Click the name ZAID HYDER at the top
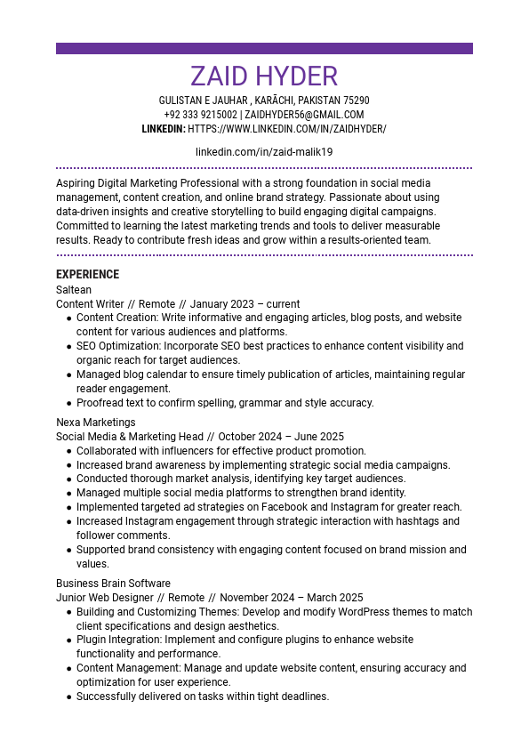pyautogui.click(x=264, y=76)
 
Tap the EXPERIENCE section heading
pyautogui.click(x=87, y=274)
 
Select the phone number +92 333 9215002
pyautogui.click(x=200, y=115)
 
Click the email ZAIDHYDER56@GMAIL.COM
pyautogui.click(x=304, y=115)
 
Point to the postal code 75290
pyautogui.click(x=357, y=101)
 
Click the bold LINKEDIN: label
pyautogui.click(x=164, y=129)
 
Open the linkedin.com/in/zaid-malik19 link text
pyautogui.click(x=264, y=152)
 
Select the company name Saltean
pyautogui.click(x=74, y=289)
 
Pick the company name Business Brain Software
pyautogui.click(x=113, y=584)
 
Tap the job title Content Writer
pyautogui.click(x=90, y=303)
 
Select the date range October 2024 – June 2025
pyautogui.click(x=281, y=437)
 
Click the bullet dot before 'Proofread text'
pyautogui.click(x=69, y=403)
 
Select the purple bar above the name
pyautogui.click(x=264, y=49)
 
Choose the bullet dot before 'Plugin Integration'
pyautogui.click(x=69, y=640)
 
